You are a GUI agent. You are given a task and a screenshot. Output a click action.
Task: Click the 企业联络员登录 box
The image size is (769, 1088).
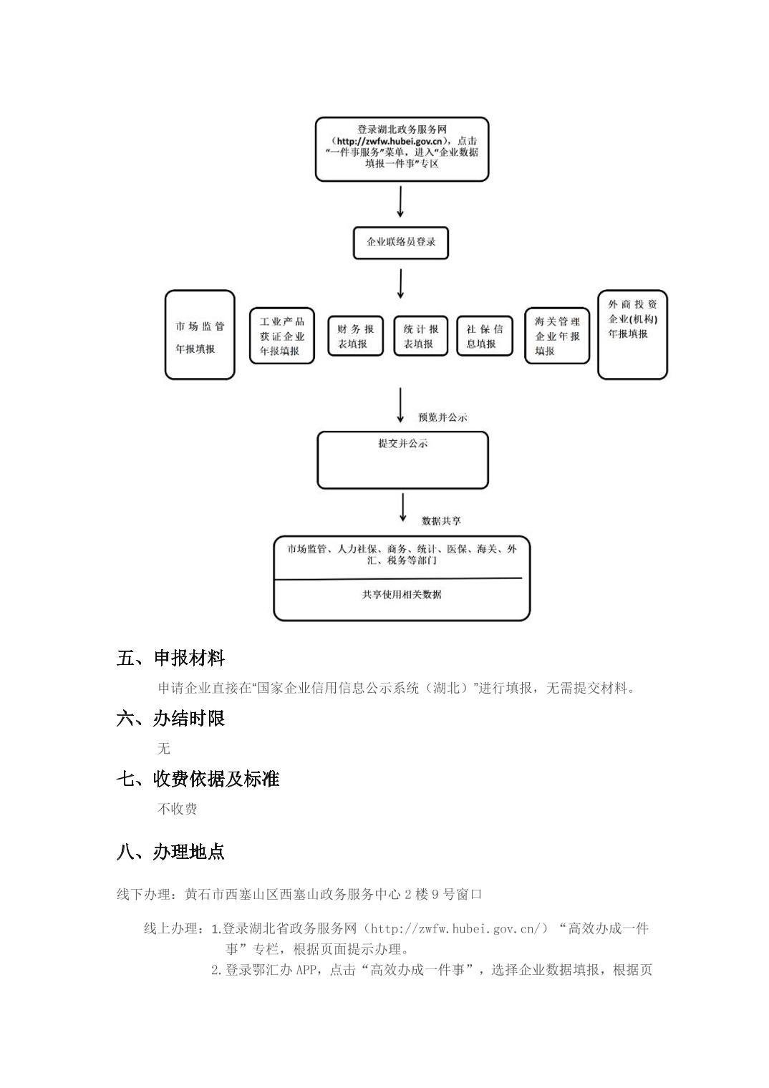400,243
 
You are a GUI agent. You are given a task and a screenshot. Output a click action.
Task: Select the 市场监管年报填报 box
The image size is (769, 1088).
200,334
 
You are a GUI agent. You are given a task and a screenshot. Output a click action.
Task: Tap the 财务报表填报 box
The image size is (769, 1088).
355,336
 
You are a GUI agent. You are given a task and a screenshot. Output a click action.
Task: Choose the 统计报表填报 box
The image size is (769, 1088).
420,336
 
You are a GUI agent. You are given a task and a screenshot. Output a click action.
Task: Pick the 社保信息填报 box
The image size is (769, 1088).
485,336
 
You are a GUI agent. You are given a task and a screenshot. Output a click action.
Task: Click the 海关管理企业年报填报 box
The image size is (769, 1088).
556,336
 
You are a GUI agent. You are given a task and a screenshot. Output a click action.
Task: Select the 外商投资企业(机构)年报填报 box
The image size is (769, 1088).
632,334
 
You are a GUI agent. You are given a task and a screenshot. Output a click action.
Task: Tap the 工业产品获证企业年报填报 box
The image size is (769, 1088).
281,336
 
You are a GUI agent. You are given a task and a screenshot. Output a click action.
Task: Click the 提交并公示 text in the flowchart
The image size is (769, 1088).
402,444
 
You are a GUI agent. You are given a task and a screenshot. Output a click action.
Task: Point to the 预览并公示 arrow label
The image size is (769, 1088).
442,417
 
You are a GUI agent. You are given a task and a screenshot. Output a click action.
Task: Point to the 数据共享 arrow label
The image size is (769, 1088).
441,520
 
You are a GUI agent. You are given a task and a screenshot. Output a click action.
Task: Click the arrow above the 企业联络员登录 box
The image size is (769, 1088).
400,202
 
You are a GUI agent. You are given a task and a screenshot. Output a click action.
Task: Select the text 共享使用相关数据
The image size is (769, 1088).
402,594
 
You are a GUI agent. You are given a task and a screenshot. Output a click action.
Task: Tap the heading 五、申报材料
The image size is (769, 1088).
170,658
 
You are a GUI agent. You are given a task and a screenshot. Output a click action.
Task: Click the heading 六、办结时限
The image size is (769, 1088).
170,718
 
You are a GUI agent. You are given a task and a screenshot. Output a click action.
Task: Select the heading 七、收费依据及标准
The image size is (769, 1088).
198,779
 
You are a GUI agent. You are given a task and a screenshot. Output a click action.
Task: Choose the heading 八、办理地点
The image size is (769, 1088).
170,852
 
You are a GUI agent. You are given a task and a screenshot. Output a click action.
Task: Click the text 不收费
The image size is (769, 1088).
177,809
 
